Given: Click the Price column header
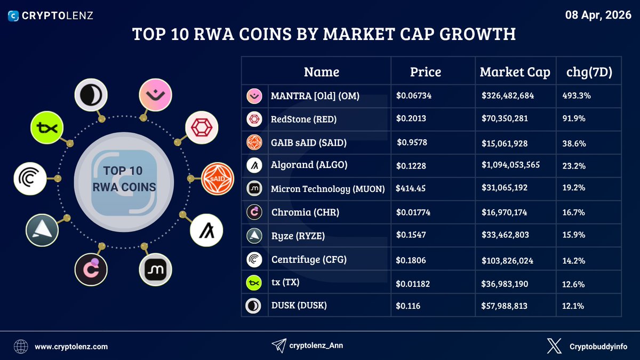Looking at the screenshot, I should [x=425, y=72].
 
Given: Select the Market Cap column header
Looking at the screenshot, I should [x=515, y=72].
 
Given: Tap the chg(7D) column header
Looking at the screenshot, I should [x=588, y=72].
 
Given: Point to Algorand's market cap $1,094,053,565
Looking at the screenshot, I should [x=510, y=165].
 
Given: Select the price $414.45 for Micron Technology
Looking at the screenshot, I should [x=411, y=188].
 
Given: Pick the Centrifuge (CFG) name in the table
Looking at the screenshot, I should [x=309, y=260].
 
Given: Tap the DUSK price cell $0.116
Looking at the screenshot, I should [x=409, y=306].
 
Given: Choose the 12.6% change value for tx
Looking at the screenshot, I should [x=574, y=283].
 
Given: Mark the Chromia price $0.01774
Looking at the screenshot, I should [x=413, y=212].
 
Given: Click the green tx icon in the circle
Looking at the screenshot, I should [x=47, y=128].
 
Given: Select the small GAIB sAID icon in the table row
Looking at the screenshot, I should [x=253, y=142].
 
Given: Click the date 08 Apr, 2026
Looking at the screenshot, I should [x=598, y=15].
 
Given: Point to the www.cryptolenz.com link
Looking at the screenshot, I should [x=71, y=346].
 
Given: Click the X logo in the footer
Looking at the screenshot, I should [x=554, y=346].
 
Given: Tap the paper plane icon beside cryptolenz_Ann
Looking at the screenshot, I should [x=278, y=346].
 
